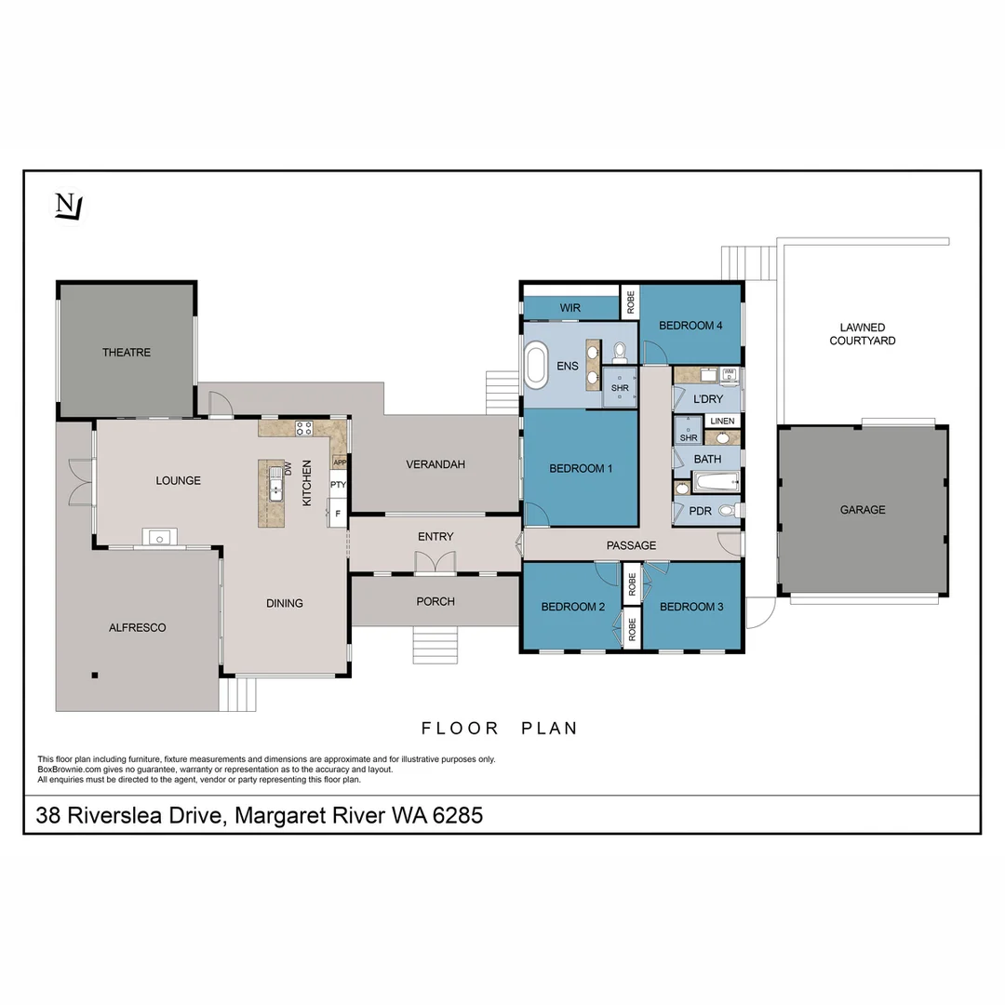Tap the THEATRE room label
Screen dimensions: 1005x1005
[x=127, y=353]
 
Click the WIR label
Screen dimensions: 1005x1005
[x=570, y=308]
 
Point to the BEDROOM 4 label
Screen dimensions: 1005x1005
[x=690, y=326]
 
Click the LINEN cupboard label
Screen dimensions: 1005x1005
[x=722, y=422]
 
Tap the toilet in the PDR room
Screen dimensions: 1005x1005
[x=728, y=511]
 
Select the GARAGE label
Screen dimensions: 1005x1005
[x=863, y=510]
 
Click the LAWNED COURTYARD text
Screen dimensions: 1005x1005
[x=863, y=334]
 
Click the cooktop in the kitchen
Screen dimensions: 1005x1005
[x=304, y=429]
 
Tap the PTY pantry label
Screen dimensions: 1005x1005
[x=338, y=485]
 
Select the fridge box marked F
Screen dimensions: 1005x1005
[x=338, y=513]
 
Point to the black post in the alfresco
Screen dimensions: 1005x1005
[x=94, y=676]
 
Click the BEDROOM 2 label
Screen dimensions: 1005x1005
[x=573, y=607]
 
